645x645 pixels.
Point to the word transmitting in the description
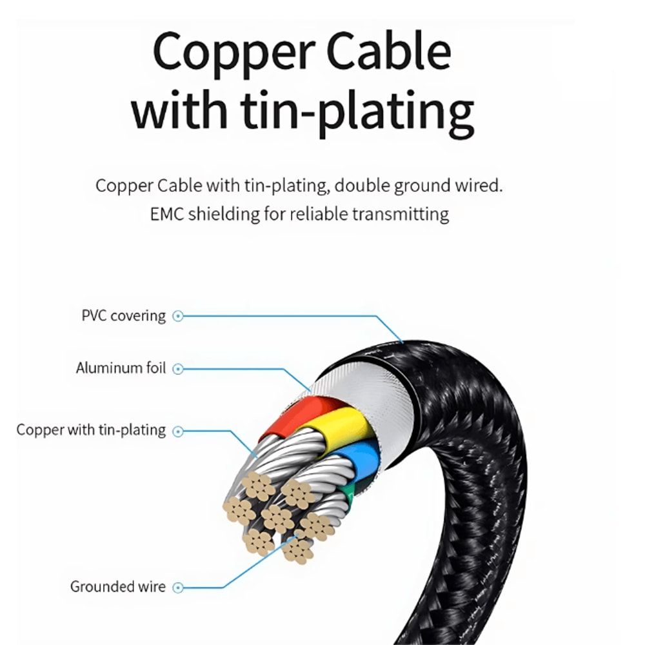pyautogui.click(x=400, y=213)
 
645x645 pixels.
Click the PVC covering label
pyautogui.click(x=123, y=316)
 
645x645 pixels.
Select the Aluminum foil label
pyautogui.click(x=121, y=368)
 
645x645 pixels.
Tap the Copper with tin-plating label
pyautogui.click(x=91, y=430)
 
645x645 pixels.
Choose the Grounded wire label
pyautogui.click(x=117, y=587)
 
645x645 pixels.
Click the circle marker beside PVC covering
pyautogui.click(x=179, y=316)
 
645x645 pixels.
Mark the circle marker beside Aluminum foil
pyautogui.click(x=179, y=369)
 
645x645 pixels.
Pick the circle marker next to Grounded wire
pyautogui.click(x=179, y=587)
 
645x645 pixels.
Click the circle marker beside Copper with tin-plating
pyautogui.click(x=179, y=430)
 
